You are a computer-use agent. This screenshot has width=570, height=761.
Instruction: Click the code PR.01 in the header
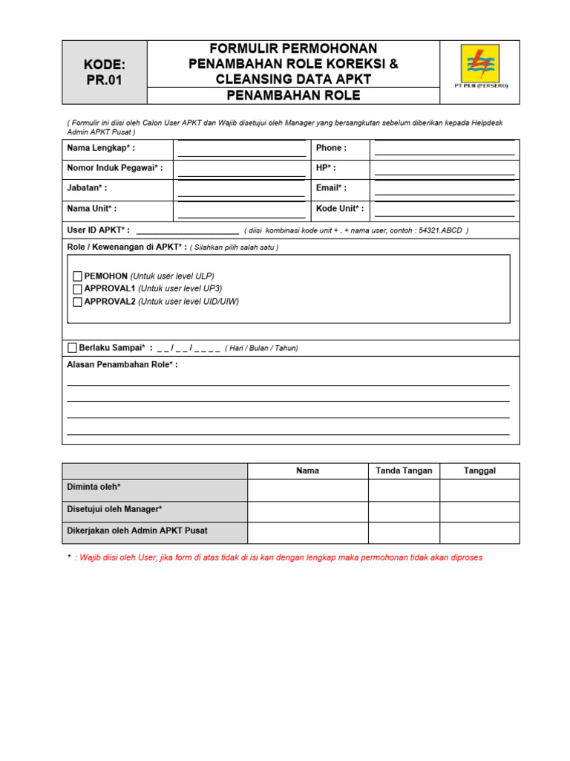pyautogui.click(x=104, y=80)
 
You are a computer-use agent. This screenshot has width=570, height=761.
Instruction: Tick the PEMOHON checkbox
pyautogui.click(x=77, y=276)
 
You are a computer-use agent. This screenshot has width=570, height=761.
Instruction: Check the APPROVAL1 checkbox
pyautogui.click(x=77, y=289)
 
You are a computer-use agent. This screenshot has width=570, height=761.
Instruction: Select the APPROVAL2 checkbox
pyautogui.click(x=77, y=302)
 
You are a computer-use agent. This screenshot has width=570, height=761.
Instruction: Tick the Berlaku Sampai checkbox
pyautogui.click(x=72, y=348)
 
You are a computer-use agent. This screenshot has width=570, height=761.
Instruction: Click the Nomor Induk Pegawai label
pyautogui.click(x=115, y=168)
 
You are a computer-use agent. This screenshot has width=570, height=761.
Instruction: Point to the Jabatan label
pyautogui.click(x=87, y=188)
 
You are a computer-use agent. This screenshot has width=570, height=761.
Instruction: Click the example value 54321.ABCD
pyautogui.click(x=441, y=231)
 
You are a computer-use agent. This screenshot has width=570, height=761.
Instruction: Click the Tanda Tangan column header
pyautogui.click(x=404, y=471)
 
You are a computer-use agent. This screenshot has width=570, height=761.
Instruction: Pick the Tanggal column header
pyautogui.click(x=479, y=471)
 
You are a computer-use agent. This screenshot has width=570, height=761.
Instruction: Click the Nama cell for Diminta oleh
pyautogui.click(x=307, y=490)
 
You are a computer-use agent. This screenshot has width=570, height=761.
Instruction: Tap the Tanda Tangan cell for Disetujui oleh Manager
pyautogui.click(x=404, y=512)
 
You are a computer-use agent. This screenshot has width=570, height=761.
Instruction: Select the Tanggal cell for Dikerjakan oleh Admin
pyautogui.click(x=479, y=533)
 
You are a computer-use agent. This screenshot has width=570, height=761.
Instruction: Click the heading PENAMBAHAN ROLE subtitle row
pyautogui.click(x=293, y=95)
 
